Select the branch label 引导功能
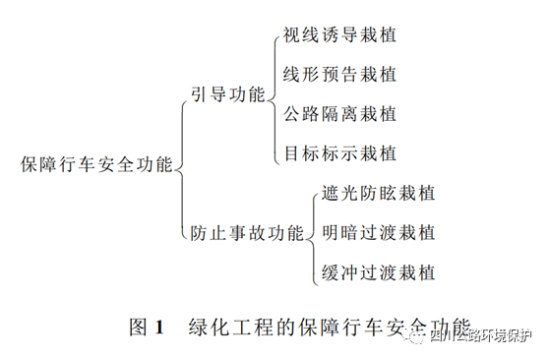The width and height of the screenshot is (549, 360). (x=229, y=95)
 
